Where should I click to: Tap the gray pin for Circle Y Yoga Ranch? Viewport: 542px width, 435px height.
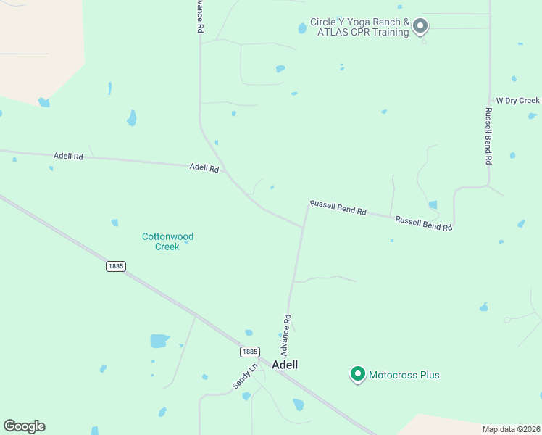[420, 27]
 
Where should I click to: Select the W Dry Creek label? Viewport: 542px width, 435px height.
[517, 101]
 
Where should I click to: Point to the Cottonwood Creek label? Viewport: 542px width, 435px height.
[167, 241]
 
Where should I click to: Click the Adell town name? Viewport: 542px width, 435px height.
[285, 365]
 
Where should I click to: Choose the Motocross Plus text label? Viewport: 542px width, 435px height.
[404, 375]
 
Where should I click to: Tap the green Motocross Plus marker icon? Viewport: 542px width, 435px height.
[357, 374]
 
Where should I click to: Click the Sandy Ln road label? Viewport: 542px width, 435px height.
[245, 376]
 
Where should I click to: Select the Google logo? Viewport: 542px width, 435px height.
[24, 426]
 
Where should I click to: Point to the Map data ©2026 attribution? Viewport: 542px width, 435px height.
[511, 429]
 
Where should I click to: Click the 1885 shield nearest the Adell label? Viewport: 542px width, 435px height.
[249, 352]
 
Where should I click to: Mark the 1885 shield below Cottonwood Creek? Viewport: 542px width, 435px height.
[115, 266]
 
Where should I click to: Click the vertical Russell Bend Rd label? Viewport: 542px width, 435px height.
[488, 136]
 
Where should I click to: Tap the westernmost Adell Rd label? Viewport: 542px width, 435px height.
[68, 156]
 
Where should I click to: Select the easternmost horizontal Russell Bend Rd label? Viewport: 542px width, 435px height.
[423, 223]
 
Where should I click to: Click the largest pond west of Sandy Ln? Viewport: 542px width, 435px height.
[159, 340]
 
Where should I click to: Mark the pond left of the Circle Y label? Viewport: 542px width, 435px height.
[302, 28]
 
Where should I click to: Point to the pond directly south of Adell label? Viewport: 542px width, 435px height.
[298, 405]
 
